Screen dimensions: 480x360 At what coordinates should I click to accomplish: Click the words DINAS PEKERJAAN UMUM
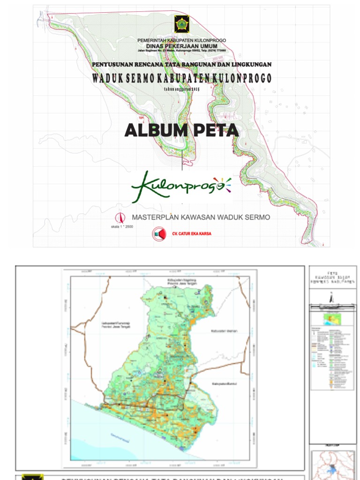point(181,45)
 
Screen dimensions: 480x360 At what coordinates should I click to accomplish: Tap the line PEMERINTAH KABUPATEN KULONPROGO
point(181,40)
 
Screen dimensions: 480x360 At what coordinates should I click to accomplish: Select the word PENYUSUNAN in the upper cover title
point(112,64)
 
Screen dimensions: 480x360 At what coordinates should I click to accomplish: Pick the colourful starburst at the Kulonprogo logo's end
point(222,184)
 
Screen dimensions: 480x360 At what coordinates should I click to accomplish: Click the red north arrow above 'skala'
point(120,218)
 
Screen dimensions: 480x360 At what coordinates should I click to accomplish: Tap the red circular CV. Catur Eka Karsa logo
point(158,233)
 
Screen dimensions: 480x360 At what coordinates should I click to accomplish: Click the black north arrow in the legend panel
point(331,297)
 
